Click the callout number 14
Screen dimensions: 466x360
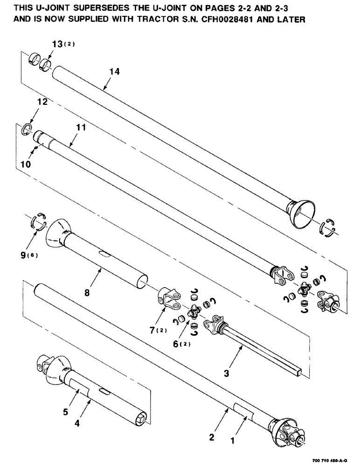pyautogui.click(x=115, y=72)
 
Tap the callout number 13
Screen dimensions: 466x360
pyautogui.click(x=57, y=45)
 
